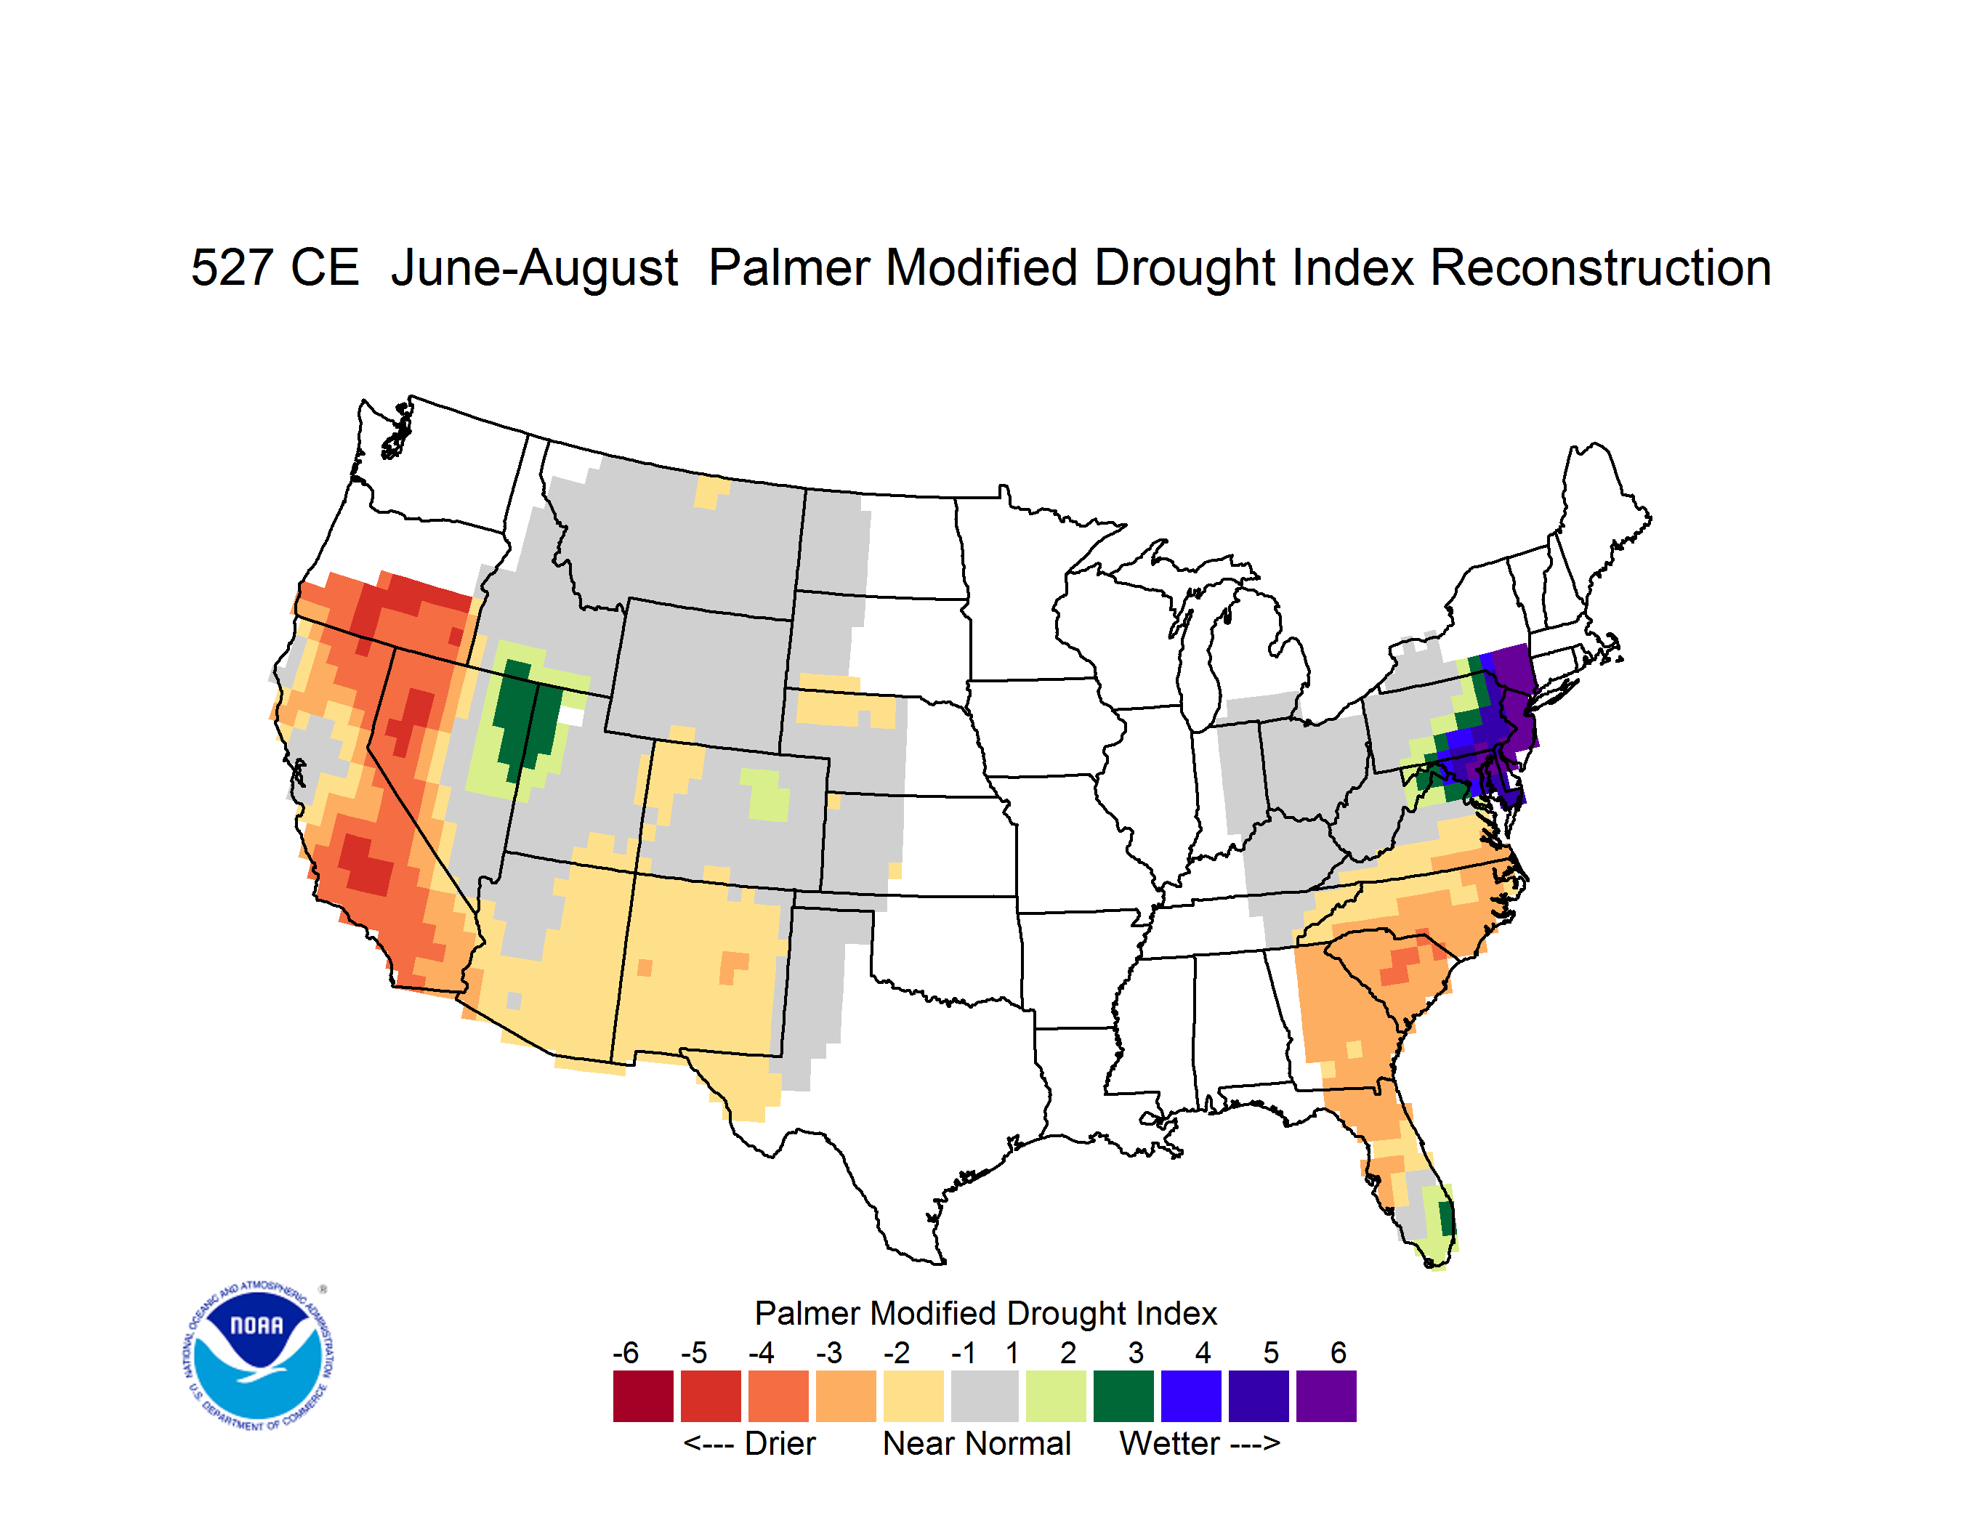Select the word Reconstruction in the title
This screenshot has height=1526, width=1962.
[1600, 267]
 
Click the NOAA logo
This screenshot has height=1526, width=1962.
[258, 1355]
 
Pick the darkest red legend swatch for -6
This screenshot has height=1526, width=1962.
[643, 1396]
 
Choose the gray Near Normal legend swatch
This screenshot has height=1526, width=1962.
[985, 1396]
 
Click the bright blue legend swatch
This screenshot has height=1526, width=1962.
[1191, 1396]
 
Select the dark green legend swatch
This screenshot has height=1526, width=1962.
[1123, 1396]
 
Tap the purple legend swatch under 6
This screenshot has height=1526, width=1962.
[1326, 1396]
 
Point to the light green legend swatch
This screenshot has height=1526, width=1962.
[1056, 1396]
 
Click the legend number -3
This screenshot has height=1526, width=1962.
[829, 1352]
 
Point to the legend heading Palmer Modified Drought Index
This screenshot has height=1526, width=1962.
[985, 1314]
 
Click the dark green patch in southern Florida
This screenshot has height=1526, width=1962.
[1446, 1218]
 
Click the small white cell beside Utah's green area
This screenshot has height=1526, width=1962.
[571, 716]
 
